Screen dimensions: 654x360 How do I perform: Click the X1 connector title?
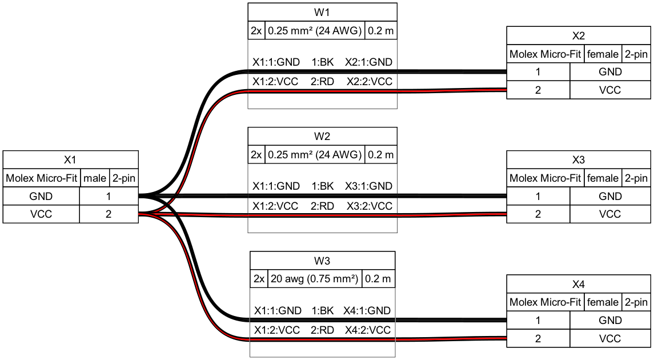(x=70, y=160)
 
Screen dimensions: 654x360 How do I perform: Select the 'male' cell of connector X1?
(x=95, y=178)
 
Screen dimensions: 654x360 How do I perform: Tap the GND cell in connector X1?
(x=41, y=196)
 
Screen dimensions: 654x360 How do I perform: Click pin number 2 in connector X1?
(x=109, y=214)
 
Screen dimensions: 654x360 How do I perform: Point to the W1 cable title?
(x=322, y=12)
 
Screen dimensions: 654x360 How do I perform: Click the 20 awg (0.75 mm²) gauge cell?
(x=315, y=279)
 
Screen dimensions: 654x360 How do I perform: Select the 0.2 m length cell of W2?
(x=381, y=155)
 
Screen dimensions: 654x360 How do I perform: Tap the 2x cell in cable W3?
(x=259, y=279)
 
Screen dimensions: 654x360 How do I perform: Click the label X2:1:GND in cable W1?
(x=369, y=62)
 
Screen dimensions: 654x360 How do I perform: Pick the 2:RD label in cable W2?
(x=322, y=206)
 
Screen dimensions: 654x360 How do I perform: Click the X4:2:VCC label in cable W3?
(x=368, y=330)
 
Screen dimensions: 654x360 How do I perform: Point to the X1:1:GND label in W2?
(x=276, y=186)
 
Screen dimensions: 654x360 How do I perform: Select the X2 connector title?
(x=579, y=36)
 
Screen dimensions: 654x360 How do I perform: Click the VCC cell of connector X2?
(x=610, y=90)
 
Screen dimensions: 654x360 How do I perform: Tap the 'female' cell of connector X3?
(x=603, y=178)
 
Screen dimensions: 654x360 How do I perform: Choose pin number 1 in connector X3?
(x=538, y=196)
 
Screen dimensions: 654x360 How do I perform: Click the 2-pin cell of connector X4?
(x=636, y=302)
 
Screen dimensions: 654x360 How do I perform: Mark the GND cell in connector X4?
(x=610, y=320)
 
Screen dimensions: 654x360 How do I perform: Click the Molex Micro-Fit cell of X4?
(x=545, y=302)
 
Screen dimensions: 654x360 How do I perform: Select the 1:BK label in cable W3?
(x=322, y=311)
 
